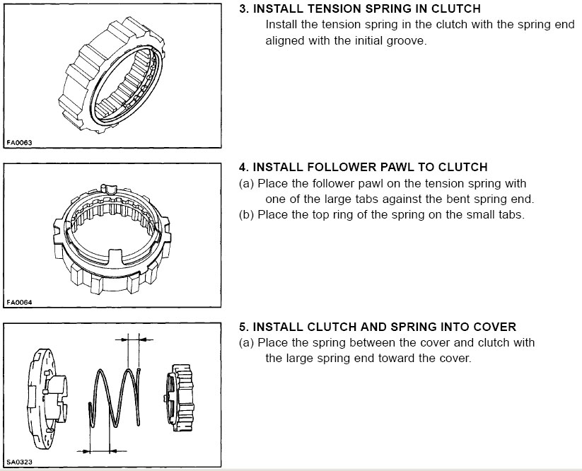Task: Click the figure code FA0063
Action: (x=19, y=142)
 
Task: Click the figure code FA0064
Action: (x=19, y=303)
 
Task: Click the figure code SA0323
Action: (x=19, y=463)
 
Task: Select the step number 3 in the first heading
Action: (x=243, y=8)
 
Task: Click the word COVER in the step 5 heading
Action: (x=498, y=327)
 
